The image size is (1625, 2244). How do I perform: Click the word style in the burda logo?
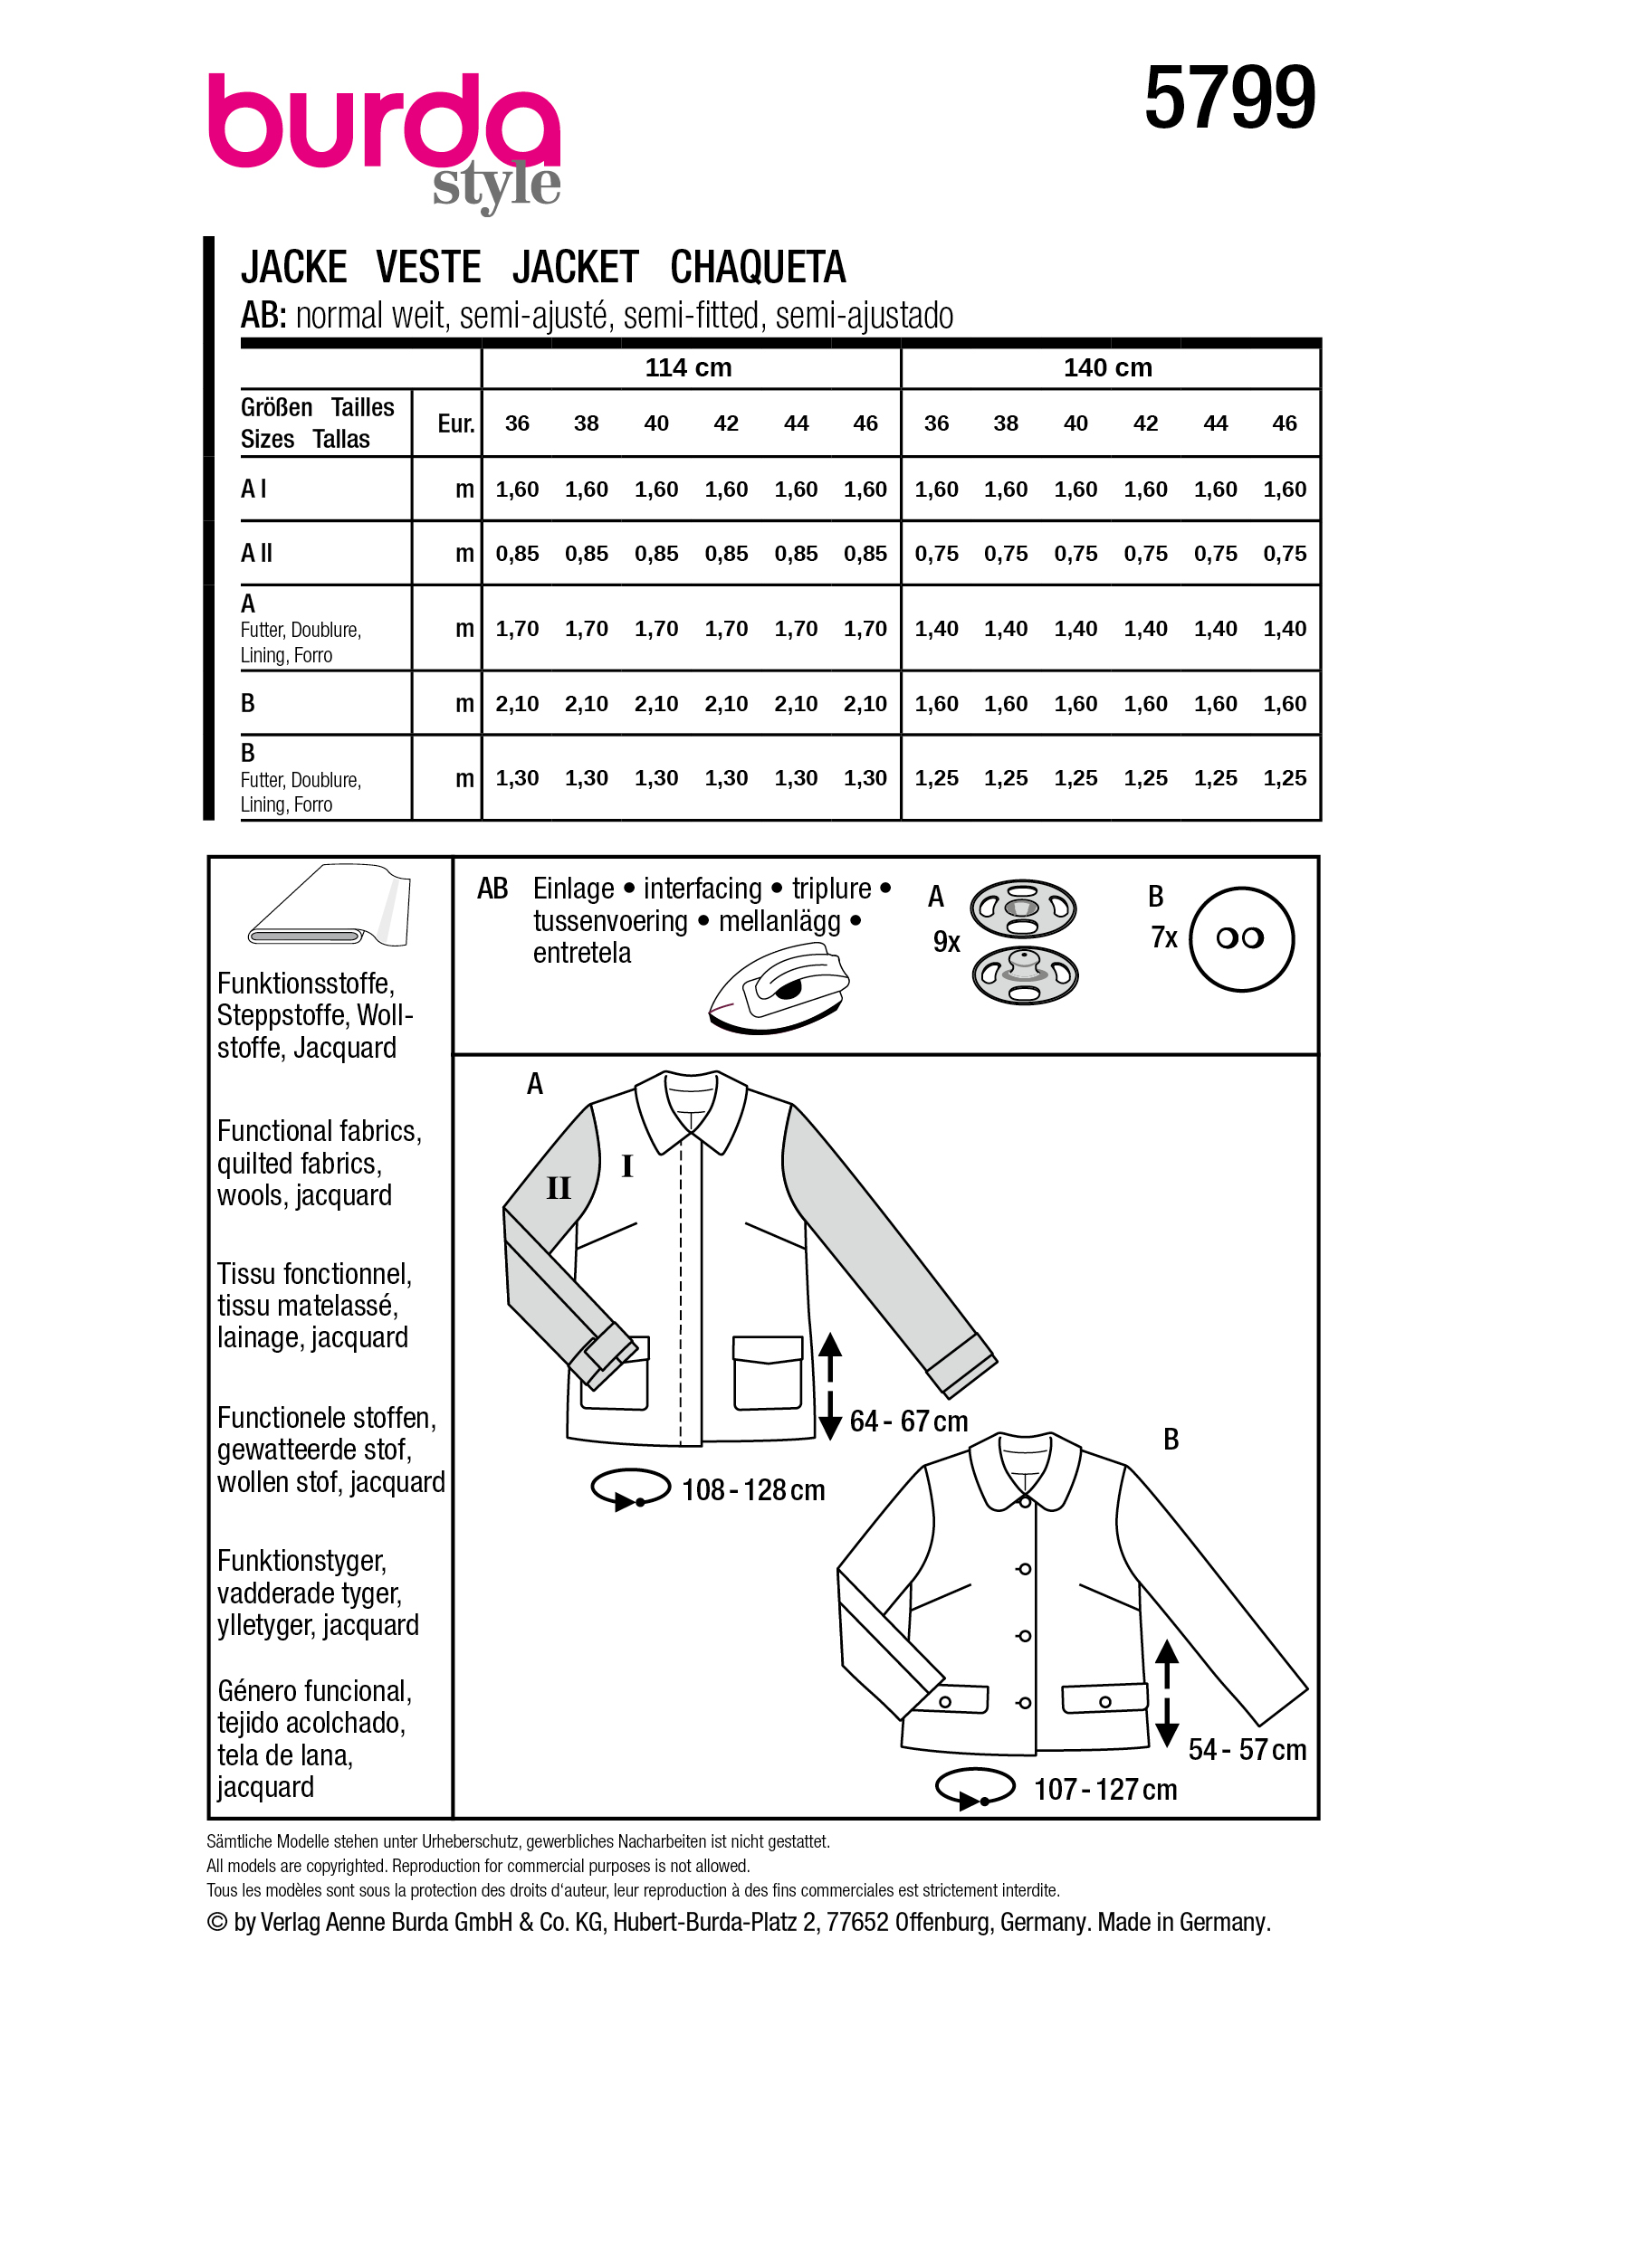[496, 185]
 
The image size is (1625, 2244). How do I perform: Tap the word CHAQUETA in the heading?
[757, 267]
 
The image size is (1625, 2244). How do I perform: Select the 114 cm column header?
[688, 367]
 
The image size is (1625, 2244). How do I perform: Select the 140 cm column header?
[1107, 367]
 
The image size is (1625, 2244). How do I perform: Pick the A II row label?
[256, 553]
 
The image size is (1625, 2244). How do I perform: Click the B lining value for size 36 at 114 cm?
[517, 777]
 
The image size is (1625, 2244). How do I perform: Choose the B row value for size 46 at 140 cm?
[1284, 703]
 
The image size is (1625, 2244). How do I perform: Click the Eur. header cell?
[455, 423]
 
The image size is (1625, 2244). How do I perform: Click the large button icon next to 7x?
[1240, 938]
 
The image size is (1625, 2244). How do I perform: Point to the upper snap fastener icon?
[1022, 908]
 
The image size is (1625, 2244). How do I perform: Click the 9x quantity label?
[946, 941]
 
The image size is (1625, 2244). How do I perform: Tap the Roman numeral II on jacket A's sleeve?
[559, 1187]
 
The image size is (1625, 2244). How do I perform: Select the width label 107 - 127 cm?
[1104, 1789]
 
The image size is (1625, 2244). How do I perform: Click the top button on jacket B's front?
[1024, 1569]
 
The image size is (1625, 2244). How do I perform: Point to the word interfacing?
[702, 889]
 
